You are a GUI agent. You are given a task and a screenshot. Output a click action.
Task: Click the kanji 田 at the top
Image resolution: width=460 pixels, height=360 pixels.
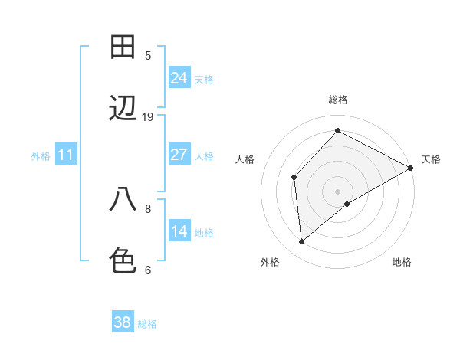[123, 47]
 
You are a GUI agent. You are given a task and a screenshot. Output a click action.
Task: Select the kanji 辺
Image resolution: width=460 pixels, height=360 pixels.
[123, 109]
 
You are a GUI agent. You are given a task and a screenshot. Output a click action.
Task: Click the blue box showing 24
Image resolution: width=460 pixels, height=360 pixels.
[179, 78]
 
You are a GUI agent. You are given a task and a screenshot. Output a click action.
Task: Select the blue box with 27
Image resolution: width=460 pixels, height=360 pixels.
[179, 155]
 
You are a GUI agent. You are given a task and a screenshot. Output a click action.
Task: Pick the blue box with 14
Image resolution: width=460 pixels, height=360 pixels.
[179, 231]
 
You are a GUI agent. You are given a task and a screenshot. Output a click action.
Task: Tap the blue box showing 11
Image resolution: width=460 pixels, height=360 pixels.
[66, 155]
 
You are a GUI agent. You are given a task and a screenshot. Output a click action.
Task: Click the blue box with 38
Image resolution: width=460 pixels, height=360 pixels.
[123, 322]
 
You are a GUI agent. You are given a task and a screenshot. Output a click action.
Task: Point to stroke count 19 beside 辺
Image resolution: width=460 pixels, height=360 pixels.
[148, 116]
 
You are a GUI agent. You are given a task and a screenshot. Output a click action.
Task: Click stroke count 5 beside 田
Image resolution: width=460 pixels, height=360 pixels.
[148, 55]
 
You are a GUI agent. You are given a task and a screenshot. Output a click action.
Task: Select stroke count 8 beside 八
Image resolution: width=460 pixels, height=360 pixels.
[148, 208]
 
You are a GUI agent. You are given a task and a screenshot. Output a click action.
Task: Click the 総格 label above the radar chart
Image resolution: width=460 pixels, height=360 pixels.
[338, 100]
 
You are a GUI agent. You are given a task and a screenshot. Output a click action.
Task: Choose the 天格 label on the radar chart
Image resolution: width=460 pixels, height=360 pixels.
[431, 159]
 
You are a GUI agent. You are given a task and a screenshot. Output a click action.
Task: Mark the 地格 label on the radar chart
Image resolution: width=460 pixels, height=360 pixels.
[402, 262]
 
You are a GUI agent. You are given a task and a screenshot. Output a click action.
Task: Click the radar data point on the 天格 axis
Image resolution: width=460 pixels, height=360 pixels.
[411, 168]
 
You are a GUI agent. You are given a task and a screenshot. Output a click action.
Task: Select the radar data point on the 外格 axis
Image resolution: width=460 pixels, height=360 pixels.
[302, 242]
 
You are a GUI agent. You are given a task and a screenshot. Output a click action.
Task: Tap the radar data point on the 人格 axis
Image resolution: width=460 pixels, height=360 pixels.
[294, 178]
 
